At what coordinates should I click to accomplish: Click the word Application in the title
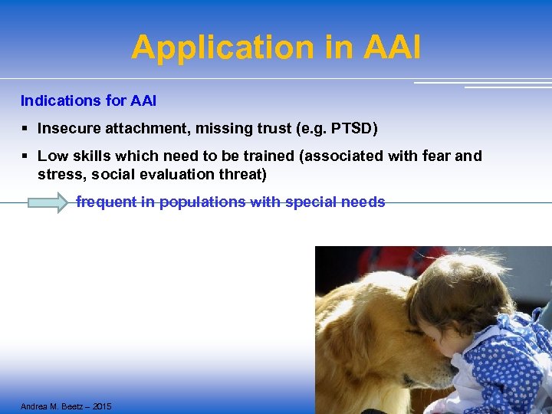(x=223, y=48)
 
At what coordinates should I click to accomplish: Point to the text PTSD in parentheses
(x=353, y=129)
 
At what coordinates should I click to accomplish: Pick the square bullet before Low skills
(x=25, y=156)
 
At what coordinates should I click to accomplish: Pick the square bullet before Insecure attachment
(x=25, y=129)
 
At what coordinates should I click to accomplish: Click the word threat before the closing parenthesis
(x=242, y=175)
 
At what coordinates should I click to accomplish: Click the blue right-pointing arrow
(x=48, y=203)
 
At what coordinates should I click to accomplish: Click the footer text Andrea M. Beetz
(x=54, y=406)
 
